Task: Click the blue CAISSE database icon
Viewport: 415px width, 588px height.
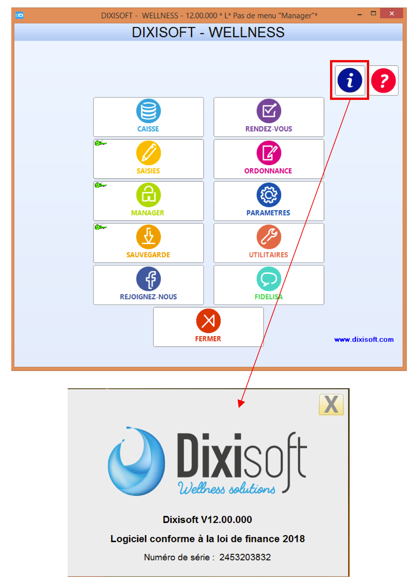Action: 148,111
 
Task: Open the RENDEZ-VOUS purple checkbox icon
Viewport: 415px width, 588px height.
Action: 269,111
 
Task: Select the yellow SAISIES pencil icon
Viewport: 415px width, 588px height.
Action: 148,153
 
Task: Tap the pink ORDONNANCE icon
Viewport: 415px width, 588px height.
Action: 269,153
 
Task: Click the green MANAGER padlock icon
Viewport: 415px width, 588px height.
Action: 148,195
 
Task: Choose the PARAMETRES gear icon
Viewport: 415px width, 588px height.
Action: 269,195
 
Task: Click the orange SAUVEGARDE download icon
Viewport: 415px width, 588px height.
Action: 148,237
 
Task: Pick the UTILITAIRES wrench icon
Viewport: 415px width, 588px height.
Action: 269,237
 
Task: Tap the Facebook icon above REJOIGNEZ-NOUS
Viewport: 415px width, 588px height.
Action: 148,279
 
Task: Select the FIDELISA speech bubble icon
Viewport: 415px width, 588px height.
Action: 269,279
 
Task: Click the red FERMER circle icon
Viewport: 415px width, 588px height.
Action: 208,321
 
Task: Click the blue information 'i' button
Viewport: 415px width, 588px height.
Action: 350,80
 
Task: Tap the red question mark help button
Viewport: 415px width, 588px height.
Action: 383,80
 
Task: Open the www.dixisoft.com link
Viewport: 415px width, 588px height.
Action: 364,339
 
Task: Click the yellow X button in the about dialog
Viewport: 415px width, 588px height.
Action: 331,404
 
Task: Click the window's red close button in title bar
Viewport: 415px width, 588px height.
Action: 391,14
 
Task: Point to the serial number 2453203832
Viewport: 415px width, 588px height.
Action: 245,557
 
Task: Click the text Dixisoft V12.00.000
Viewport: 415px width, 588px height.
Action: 207,520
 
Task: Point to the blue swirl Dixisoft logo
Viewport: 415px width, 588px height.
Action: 136,461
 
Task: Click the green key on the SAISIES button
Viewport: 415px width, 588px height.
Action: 100,143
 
